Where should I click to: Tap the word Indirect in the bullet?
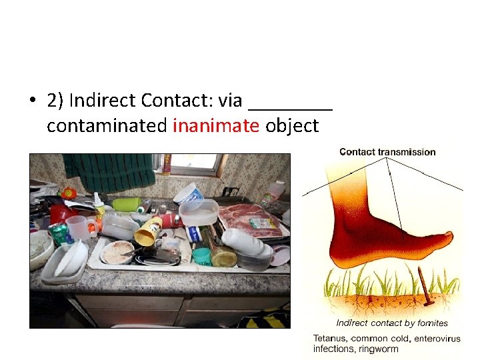[102, 100]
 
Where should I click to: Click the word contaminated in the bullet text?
[107, 125]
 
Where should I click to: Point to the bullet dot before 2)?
[31, 101]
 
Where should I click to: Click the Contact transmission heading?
[387, 152]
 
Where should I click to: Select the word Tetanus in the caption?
[332, 339]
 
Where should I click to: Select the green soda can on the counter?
[61, 234]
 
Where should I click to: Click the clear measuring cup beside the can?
[79, 227]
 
